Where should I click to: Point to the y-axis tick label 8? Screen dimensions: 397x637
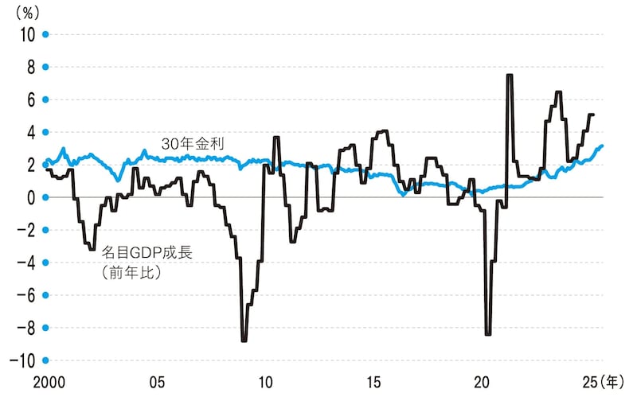tap(30, 67)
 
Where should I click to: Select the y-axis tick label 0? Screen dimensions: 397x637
tap(30, 197)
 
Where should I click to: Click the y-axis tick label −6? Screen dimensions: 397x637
tap(25, 295)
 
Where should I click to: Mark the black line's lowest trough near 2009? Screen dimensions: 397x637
tap(244, 341)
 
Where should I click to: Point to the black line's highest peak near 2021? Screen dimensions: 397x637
tap(509, 75)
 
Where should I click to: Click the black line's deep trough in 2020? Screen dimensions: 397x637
tap(487, 334)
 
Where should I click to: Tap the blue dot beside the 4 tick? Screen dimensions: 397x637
tap(46, 132)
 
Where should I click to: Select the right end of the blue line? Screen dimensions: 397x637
tap(602, 146)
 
